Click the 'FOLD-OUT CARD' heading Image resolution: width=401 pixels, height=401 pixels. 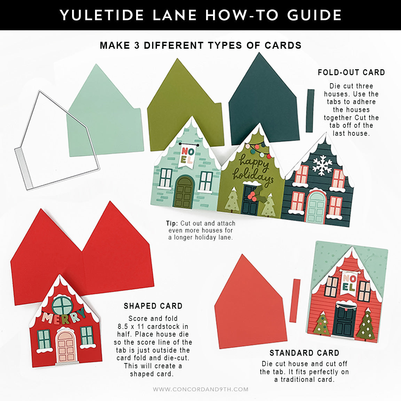click(x=351, y=72)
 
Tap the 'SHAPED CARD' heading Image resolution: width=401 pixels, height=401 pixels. click(x=153, y=306)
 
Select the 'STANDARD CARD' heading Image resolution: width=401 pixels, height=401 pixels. click(x=304, y=353)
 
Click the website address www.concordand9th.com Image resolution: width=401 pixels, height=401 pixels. click(x=200, y=390)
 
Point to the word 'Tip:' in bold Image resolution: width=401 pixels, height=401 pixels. click(x=172, y=223)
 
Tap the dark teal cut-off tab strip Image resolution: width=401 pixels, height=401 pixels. click(x=310, y=110)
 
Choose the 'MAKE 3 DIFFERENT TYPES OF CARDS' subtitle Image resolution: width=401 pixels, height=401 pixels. click(x=200, y=45)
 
